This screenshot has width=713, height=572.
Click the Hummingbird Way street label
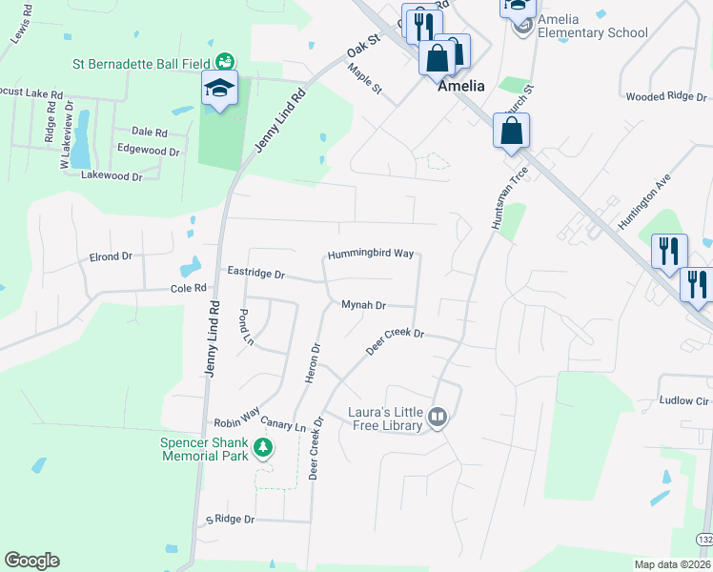pos(371,255)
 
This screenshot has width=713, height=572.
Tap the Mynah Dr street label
pos(364,306)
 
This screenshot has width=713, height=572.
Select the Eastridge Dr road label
pos(256,274)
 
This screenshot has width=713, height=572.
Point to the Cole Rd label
pos(188,288)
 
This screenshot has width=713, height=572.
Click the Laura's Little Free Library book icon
pos(438,416)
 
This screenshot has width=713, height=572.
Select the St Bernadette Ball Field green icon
pos(225,64)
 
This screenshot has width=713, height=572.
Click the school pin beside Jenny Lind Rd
pos(219,91)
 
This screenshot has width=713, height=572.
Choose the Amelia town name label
pos(461,86)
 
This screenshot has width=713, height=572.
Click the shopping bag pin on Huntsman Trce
pos(512,131)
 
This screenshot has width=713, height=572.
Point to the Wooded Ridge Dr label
pos(666,96)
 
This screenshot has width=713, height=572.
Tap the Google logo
pos(32,561)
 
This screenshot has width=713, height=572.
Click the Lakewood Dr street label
pos(112,175)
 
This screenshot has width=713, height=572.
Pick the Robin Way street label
pos(236,419)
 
